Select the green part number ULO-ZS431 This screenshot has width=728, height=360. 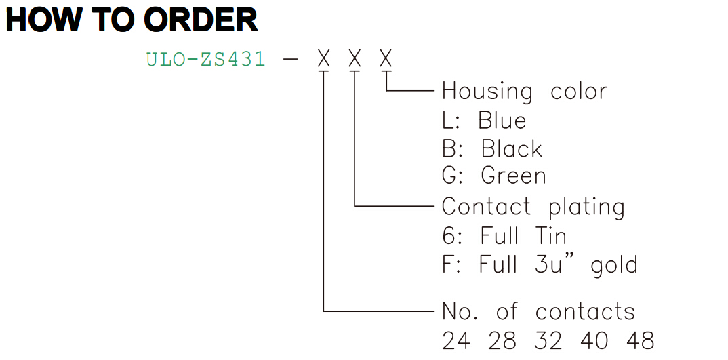[x=205, y=60]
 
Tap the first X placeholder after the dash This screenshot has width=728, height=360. [x=324, y=60]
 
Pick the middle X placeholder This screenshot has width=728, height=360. [x=355, y=60]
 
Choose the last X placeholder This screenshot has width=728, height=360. [x=386, y=60]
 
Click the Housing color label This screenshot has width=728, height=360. [x=525, y=91]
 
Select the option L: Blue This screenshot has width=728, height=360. [x=484, y=120]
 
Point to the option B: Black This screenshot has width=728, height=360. [x=492, y=148]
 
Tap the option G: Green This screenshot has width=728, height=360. [x=494, y=176]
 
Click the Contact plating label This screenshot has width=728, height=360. [x=533, y=207]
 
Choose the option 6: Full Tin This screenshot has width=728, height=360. [x=504, y=236]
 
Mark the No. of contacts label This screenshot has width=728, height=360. [x=538, y=311]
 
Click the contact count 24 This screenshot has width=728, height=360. [x=456, y=340]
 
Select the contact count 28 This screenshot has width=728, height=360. [x=502, y=340]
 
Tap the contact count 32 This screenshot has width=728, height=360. [x=548, y=340]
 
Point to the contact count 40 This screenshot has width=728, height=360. [x=594, y=340]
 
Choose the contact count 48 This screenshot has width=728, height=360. [x=641, y=340]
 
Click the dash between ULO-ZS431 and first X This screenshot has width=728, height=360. [x=290, y=60]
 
